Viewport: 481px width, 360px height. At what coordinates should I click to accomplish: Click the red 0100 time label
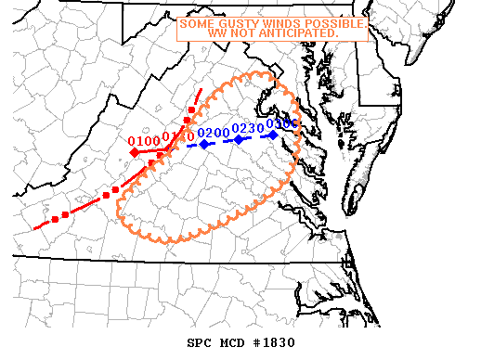(x=144, y=141)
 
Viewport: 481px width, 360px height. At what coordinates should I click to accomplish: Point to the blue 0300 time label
(x=281, y=123)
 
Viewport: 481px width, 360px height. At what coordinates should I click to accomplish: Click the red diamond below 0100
(x=134, y=152)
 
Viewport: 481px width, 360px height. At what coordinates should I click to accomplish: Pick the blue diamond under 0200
(x=203, y=144)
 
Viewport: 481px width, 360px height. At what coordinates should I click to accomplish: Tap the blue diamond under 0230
(x=239, y=139)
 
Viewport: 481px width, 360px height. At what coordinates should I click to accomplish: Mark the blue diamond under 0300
(x=273, y=135)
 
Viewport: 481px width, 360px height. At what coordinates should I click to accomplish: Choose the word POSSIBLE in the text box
(x=331, y=23)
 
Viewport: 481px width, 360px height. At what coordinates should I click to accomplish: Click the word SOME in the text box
(x=195, y=23)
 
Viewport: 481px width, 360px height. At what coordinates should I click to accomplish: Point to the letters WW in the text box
(x=215, y=33)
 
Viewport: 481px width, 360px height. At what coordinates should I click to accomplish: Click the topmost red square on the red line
(x=192, y=110)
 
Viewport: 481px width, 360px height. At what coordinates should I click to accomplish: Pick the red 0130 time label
(x=177, y=138)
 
